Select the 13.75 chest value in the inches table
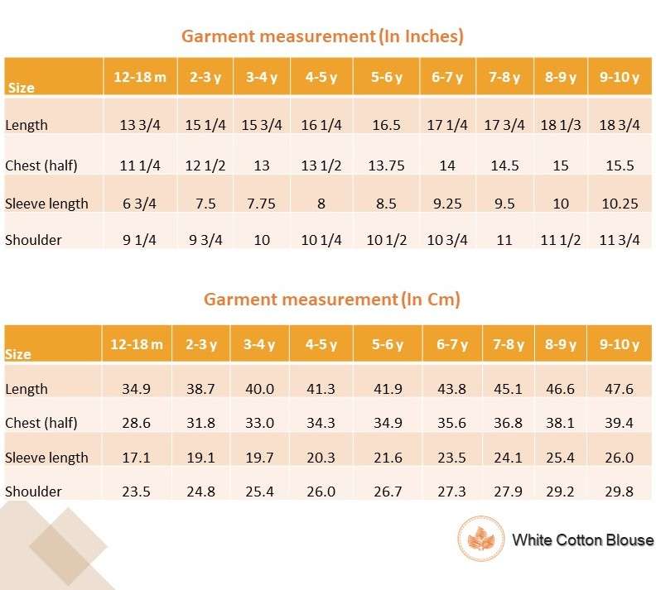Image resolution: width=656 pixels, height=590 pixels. (386, 165)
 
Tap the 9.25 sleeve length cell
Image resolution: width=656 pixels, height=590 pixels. (447, 204)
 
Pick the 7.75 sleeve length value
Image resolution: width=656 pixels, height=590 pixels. (262, 204)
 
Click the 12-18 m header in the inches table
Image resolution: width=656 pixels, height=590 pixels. (140, 78)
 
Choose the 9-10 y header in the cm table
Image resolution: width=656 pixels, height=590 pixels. (620, 344)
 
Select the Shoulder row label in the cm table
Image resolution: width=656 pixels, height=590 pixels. (33, 492)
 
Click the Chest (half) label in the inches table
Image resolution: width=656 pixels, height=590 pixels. (41, 165)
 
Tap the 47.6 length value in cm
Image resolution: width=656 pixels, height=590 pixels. (620, 389)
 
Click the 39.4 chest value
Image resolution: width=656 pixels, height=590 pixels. (620, 423)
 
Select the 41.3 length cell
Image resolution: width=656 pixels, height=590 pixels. (321, 389)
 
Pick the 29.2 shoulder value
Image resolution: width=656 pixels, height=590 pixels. (561, 492)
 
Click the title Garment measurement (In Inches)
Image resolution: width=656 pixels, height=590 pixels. (322, 36)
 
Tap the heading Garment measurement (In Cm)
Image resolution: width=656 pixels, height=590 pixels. (332, 299)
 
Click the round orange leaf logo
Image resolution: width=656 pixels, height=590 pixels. (480, 540)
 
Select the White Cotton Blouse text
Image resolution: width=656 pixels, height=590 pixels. (582, 540)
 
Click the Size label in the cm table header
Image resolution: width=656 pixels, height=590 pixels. (18, 354)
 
